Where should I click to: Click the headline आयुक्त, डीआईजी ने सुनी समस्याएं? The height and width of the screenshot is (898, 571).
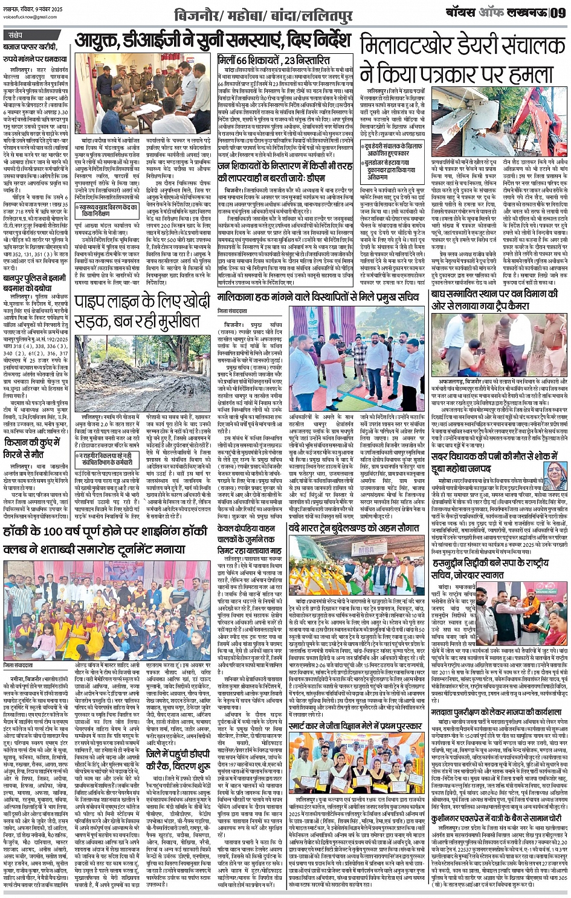coord(212,41)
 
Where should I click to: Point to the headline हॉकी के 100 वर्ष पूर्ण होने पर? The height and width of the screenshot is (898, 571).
coord(106,531)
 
